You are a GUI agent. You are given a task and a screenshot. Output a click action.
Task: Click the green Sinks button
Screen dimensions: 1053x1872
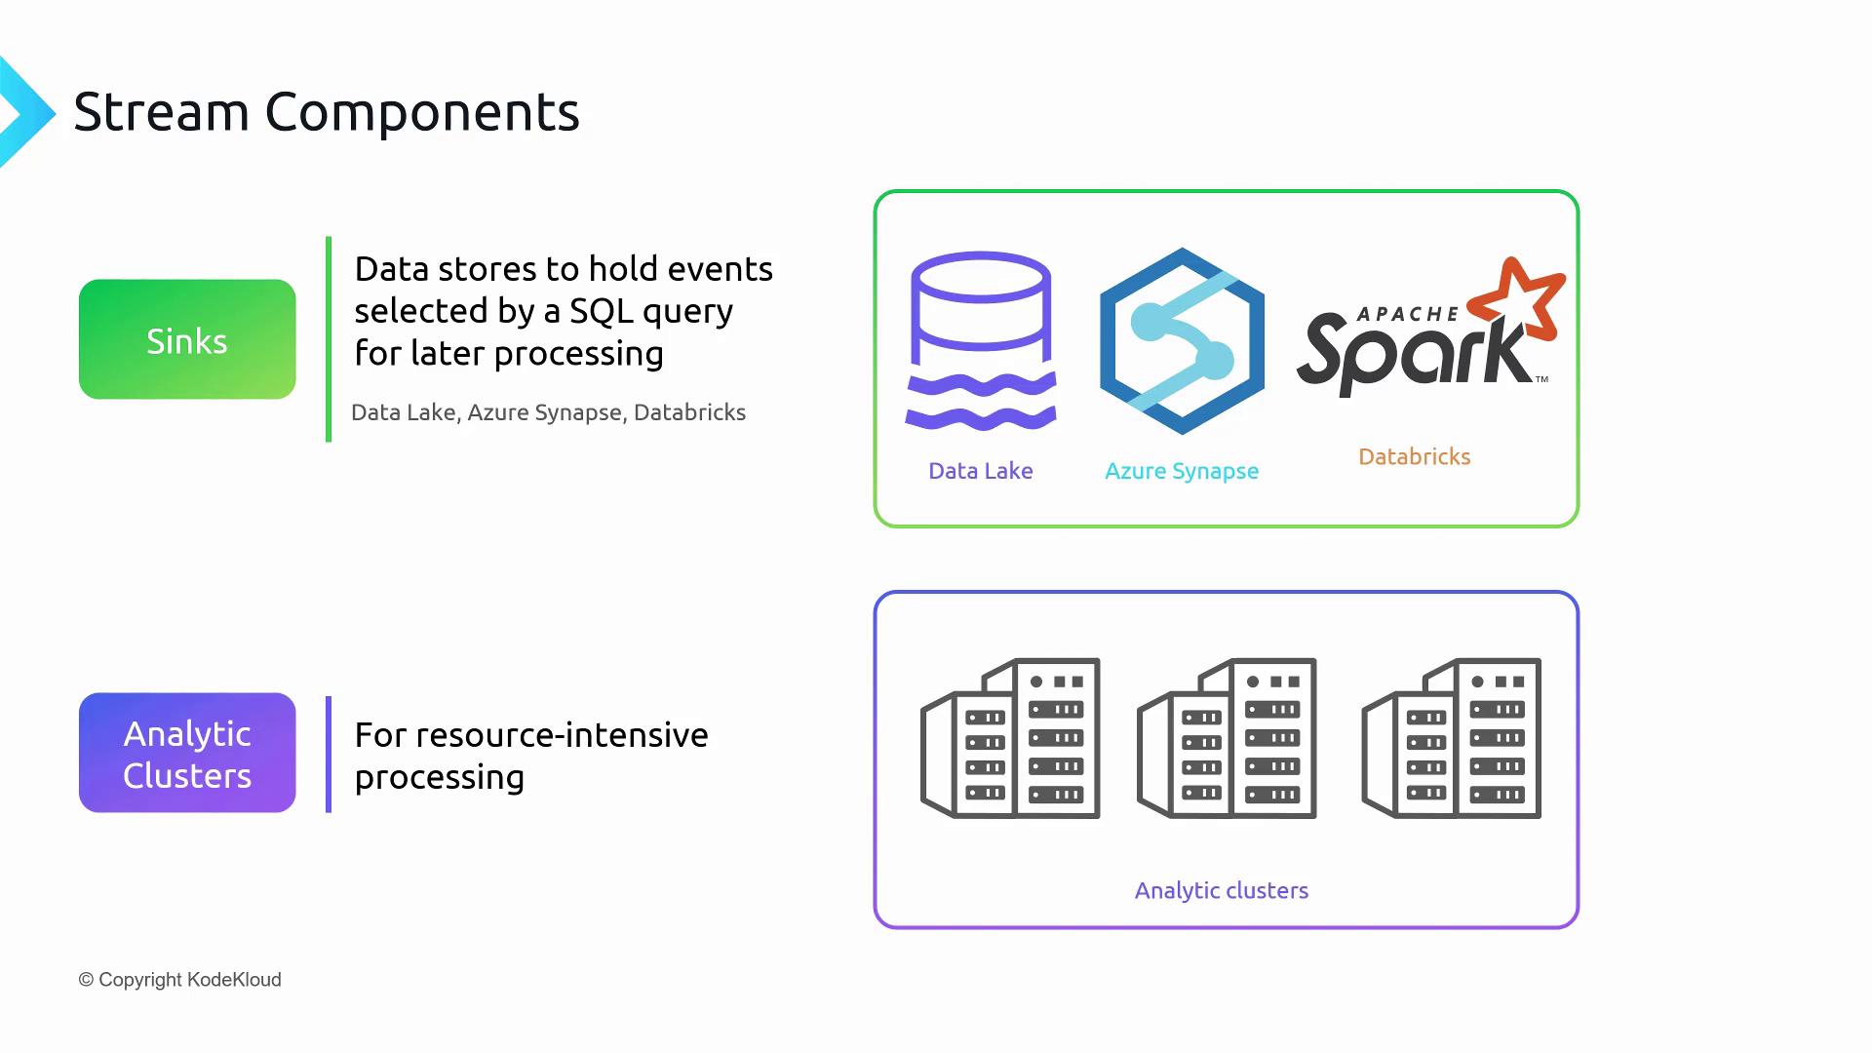tap(187, 339)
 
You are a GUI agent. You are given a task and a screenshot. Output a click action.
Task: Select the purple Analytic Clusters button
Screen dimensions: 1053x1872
tap(187, 753)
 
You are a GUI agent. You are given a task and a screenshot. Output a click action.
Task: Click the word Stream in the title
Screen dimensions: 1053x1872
tap(162, 112)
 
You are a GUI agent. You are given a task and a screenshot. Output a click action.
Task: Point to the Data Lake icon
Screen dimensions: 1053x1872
tap(981, 341)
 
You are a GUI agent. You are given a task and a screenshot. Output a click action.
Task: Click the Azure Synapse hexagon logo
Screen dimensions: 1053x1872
tap(1182, 341)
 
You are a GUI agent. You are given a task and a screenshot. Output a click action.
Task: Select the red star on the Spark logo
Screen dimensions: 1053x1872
tap(1517, 298)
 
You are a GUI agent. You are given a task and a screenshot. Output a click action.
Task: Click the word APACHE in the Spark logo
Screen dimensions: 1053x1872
tap(1408, 314)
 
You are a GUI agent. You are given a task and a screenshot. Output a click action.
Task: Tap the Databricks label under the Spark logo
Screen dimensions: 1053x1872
tap(1414, 456)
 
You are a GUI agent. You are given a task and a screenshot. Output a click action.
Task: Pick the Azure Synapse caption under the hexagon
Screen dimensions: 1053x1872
tap(1182, 471)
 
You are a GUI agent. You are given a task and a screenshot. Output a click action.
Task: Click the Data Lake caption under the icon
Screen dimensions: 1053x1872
tap(980, 471)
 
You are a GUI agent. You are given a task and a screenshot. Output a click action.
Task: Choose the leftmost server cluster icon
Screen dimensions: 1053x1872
tap(1011, 738)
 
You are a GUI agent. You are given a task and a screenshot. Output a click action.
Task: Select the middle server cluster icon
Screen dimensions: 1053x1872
tap(1228, 738)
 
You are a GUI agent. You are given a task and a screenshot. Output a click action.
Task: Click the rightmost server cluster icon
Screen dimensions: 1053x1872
tap(1452, 738)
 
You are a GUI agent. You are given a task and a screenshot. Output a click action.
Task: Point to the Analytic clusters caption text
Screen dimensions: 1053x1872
tap(1221, 890)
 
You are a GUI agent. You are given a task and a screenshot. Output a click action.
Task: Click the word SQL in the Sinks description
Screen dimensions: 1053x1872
tap(602, 311)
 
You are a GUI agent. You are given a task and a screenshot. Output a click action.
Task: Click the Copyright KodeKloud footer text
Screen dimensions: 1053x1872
tap(180, 980)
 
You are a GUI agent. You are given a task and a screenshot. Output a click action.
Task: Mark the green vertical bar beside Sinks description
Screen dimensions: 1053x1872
tap(329, 339)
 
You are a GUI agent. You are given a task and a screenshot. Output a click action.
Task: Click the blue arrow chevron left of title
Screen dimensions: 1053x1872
tap(24, 113)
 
